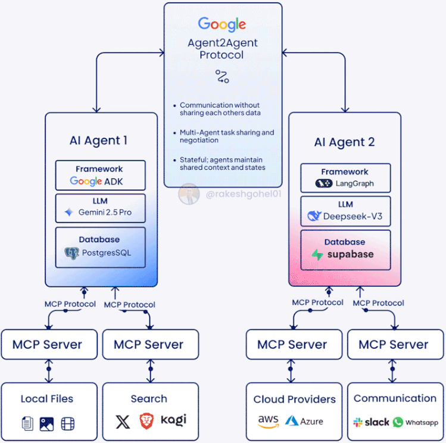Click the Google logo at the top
222,24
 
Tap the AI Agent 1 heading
98,141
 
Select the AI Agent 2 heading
345,142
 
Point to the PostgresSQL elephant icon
71,252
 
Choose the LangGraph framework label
354,183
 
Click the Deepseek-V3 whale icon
314,216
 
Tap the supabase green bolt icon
317,255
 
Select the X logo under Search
123,422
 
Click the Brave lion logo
146,421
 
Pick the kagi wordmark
173,420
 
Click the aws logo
269,422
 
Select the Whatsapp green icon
398,422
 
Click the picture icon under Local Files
47,424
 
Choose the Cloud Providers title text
294,399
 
